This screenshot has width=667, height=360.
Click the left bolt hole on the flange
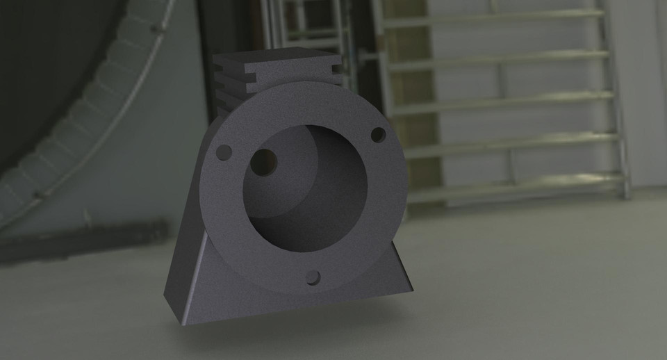(x=224, y=151)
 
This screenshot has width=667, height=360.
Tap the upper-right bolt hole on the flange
(x=378, y=135)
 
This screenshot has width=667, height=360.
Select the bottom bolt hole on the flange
(x=313, y=277)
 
